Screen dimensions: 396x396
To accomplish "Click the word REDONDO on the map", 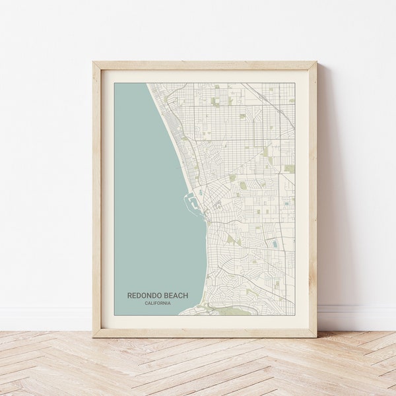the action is [x=143, y=296].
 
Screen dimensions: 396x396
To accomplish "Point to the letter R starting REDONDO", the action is [x=129, y=296].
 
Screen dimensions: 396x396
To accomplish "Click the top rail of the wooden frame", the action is [x=205, y=65].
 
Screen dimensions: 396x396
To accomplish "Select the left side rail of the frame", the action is [x=96, y=198].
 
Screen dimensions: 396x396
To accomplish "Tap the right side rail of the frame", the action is [x=313, y=198].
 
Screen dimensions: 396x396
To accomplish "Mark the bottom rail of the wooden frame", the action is [x=205, y=333].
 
